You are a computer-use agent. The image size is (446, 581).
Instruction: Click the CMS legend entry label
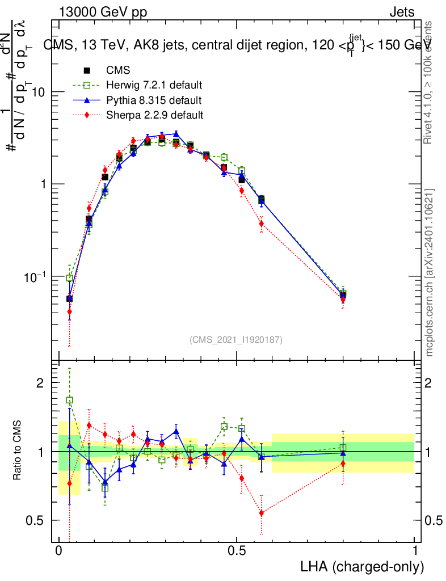click(118, 71)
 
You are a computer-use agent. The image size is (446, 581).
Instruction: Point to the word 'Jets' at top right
click(401, 12)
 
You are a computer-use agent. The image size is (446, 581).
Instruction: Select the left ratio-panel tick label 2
click(40, 383)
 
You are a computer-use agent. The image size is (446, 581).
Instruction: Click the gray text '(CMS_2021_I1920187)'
click(236, 339)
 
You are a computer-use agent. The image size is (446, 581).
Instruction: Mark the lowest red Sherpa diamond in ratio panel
click(262, 513)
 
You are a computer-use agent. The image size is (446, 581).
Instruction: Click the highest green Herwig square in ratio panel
click(70, 400)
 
